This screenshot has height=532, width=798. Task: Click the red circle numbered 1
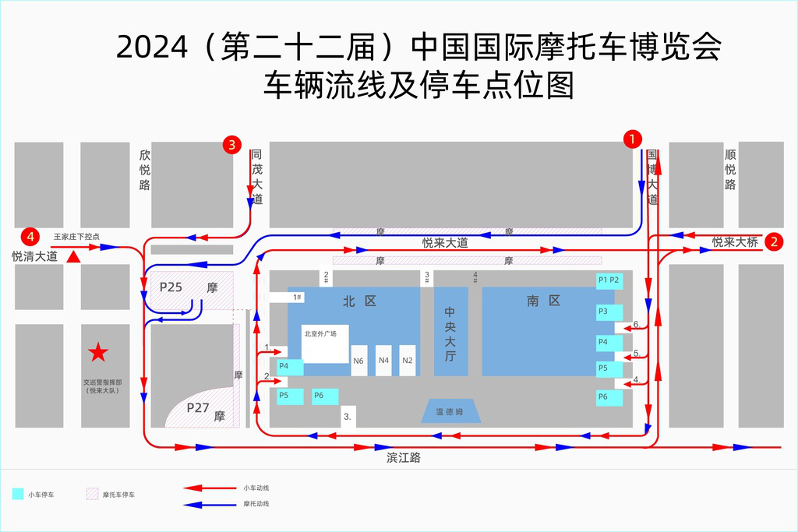(x=633, y=139)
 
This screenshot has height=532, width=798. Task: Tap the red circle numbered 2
(x=774, y=241)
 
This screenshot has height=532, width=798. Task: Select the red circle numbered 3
(x=231, y=145)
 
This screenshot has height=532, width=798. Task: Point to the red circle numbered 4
(x=30, y=237)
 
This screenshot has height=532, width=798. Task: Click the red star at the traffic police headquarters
(x=98, y=352)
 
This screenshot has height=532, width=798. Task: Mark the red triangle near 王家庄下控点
(x=74, y=257)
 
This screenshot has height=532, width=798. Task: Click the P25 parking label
(x=171, y=287)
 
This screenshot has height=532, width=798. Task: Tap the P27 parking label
(x=198, y=408)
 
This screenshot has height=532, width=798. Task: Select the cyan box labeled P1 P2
(x=609, y=280)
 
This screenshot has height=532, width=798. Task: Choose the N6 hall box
(x=358, y=361)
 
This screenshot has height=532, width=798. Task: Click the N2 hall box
(x=407, y=361)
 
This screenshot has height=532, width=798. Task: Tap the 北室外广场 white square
(x=325, y=344)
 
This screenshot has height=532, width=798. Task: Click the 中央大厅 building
(x=451, y=332)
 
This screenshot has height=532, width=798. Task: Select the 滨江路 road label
(x=404, y=458)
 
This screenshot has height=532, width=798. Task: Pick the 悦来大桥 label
(x=735, y=242)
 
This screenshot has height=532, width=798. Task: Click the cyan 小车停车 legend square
(x=18, y=494)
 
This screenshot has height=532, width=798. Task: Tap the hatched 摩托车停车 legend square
(x=92, y=494)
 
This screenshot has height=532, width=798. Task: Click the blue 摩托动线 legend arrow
(x=210, y=505)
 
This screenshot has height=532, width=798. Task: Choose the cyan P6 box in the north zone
(x=325, y=396)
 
